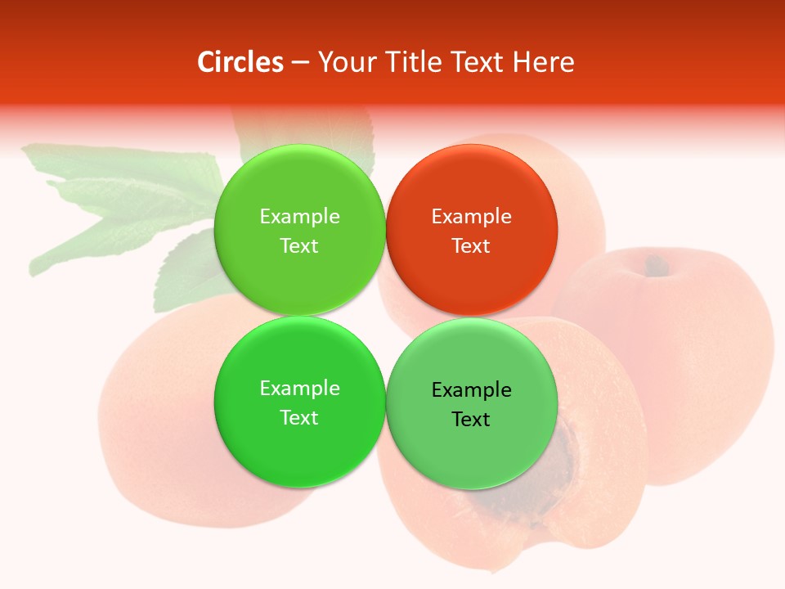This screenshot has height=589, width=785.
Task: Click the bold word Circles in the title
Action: pyautogui.click(x=240, y=62)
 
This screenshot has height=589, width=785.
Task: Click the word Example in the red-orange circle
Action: pyautogui.click(x=471, y=217)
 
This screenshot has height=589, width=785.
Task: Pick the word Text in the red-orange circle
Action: pyautogui.click(x=471, y=245)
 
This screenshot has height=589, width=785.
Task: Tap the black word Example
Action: pyautogui.click(x=471, y=390)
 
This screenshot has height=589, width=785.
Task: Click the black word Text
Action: pyautogui.click(x=471, y=420)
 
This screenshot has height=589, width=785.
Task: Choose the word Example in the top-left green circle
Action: pyautogui.click(x=299, y=217)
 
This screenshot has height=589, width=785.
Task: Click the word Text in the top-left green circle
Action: pyautogui.click(x=299, y=245)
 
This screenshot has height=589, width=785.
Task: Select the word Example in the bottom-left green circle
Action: pyautogui.click(x=299, y=389)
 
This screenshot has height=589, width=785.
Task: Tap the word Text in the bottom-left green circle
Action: pyautogui.click(x=299, y=417)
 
